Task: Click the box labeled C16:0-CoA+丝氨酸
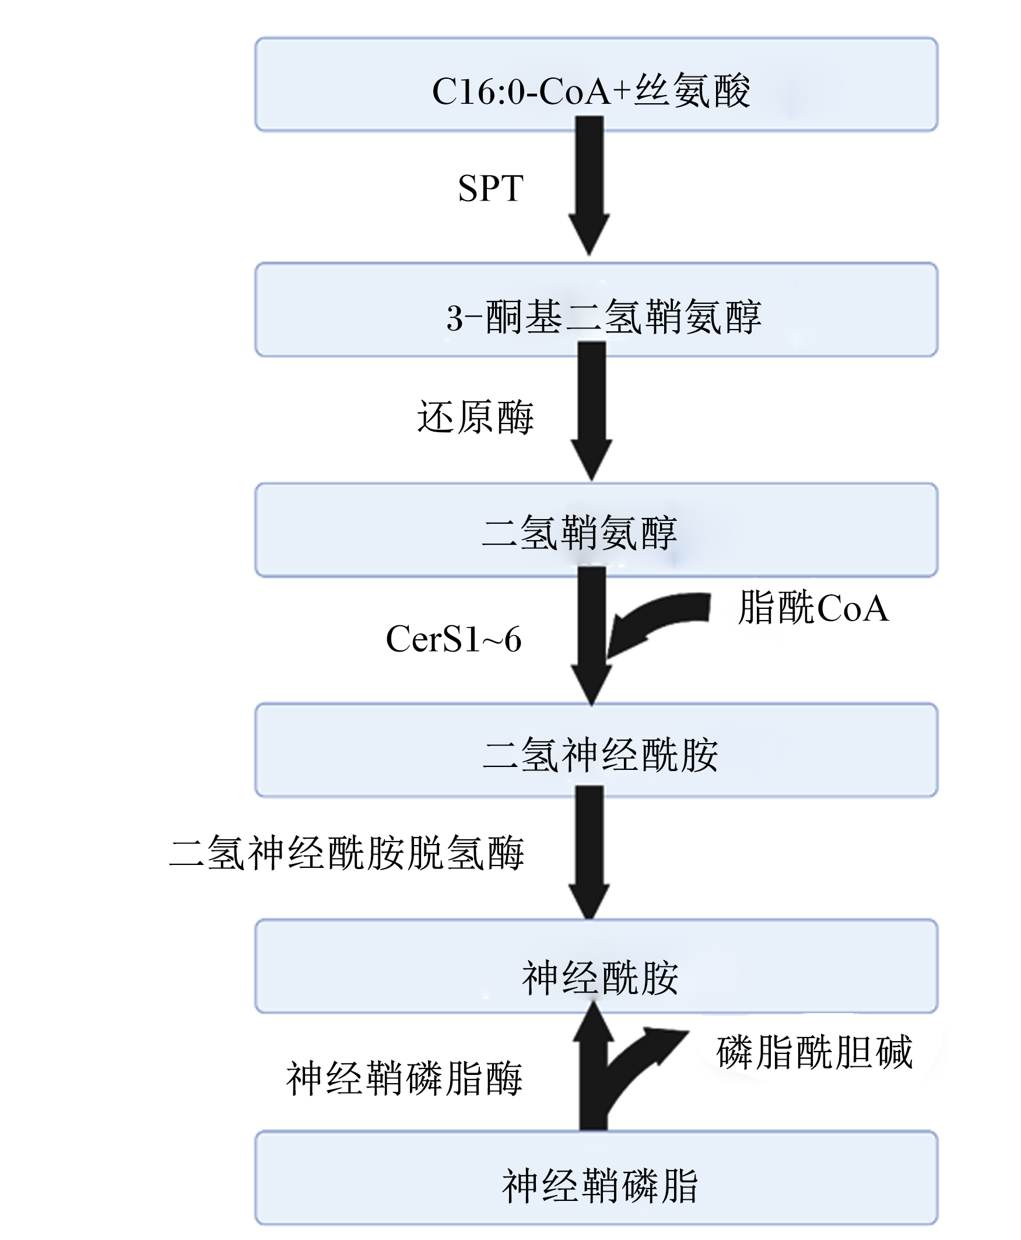596,84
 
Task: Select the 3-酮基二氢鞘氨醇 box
596,309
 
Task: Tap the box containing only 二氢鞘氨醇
596,530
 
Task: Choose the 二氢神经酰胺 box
596,750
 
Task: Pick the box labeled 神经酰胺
596,966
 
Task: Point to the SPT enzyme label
490,188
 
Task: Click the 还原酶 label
475,417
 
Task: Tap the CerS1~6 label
454,639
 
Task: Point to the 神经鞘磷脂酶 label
405,1078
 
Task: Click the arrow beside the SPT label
590,186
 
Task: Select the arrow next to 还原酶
592,411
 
